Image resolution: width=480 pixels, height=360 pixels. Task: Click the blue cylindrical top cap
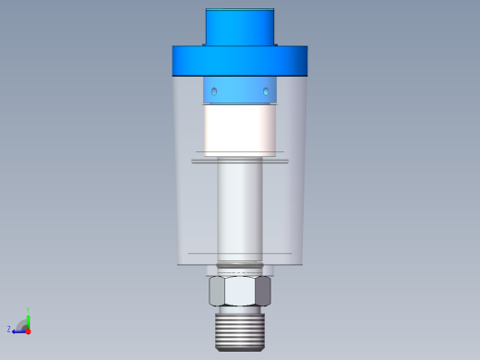pos(239,28)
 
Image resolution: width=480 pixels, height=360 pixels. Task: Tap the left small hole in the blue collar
pos(214,92)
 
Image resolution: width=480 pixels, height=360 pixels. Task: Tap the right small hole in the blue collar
pos(266,92)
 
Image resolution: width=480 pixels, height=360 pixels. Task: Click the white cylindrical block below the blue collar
pos(240,129)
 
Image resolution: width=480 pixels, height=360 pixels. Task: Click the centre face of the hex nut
pos(240,292)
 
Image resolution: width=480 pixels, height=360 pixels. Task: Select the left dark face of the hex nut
pos(217,292)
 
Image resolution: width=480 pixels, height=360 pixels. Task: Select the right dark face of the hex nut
pos(264,292)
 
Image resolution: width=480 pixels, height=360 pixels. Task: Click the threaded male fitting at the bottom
pos(240,329)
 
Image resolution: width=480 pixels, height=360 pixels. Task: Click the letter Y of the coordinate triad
pos(29,308)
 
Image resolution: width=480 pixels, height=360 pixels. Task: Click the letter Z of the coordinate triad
pos(9,329)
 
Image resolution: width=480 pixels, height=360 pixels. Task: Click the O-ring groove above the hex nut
pos(240,270)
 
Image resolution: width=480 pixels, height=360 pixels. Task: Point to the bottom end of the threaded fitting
pos(240,348)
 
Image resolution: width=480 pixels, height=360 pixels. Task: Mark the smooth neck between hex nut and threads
pos(240,309)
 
